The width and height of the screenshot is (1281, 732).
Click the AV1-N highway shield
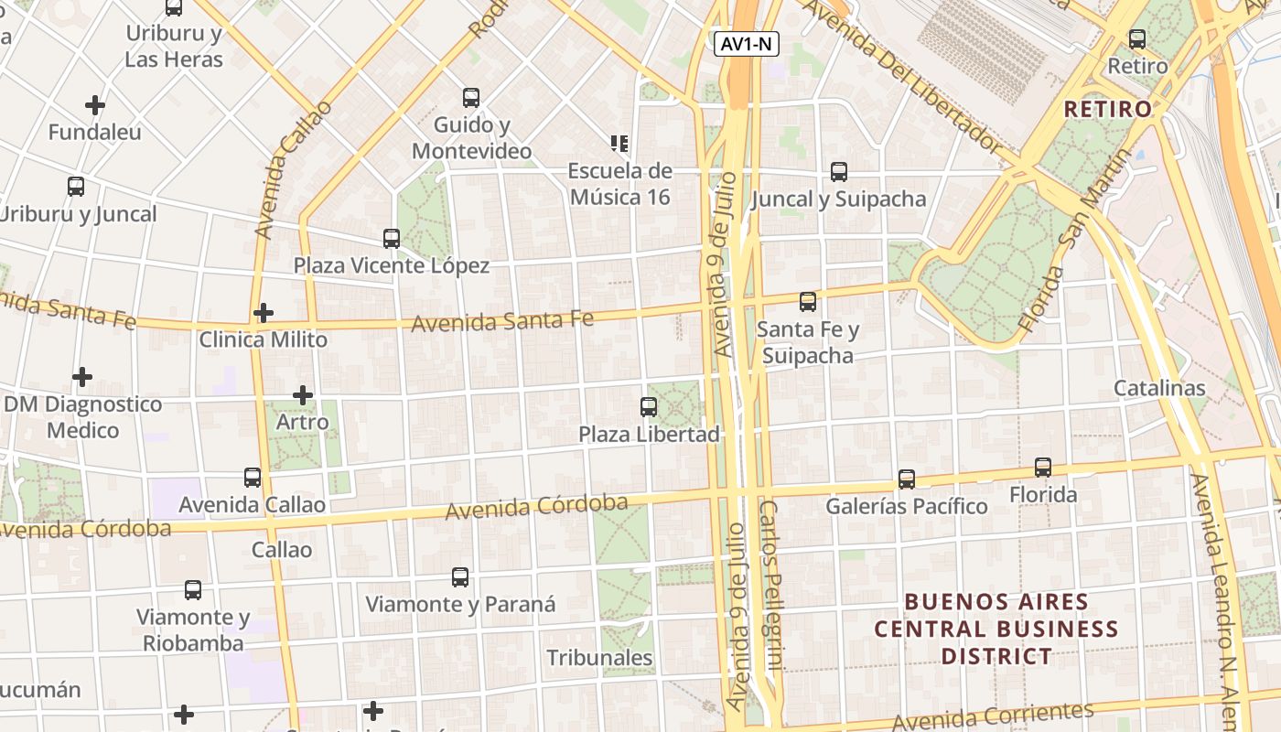[747, 44]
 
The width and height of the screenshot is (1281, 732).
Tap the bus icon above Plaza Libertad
[649, 407]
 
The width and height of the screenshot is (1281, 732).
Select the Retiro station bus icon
[1137, 39]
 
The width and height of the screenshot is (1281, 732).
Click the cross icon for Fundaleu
[94, 105]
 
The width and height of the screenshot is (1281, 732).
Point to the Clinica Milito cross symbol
[264, 313]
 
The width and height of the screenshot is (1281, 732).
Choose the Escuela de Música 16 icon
[619, 144]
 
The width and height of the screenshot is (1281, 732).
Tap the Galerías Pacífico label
[906, 506]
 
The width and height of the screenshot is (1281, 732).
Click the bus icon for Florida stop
[1043, 468]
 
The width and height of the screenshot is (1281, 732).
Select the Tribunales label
[600, 658]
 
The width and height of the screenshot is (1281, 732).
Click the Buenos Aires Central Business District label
[996, 630]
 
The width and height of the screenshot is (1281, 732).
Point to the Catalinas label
[1159, 388]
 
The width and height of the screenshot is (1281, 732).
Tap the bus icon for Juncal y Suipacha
[839, 172]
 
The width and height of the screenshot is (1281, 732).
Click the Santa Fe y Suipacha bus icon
[808, 302]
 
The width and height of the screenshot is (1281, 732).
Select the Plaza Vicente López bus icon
[392, 239]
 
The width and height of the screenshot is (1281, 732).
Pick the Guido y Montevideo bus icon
[471, 98]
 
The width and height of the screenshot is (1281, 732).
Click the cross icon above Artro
[303, 395]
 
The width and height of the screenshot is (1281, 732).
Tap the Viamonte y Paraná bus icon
[460, 577]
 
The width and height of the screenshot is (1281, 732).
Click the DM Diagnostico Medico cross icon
[82, 377]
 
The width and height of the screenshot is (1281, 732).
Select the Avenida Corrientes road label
[993, 716]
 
